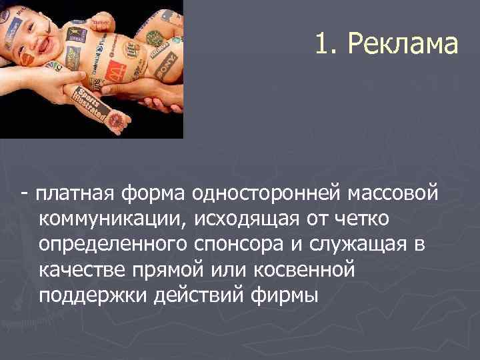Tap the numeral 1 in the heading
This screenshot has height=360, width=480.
(x=322, y=45)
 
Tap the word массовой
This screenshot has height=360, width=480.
(x=394, y=193)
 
